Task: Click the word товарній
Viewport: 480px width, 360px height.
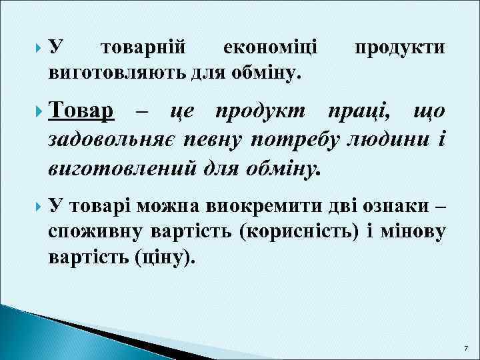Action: click(141, 48)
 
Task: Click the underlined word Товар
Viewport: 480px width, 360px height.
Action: click(81, 111)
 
